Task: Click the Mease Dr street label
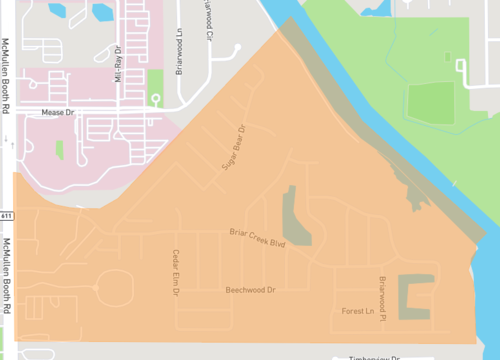click(58, 113)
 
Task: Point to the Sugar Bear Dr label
click(233, 148)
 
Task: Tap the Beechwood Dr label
click(250, 289)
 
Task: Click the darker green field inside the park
click(432, 104)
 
